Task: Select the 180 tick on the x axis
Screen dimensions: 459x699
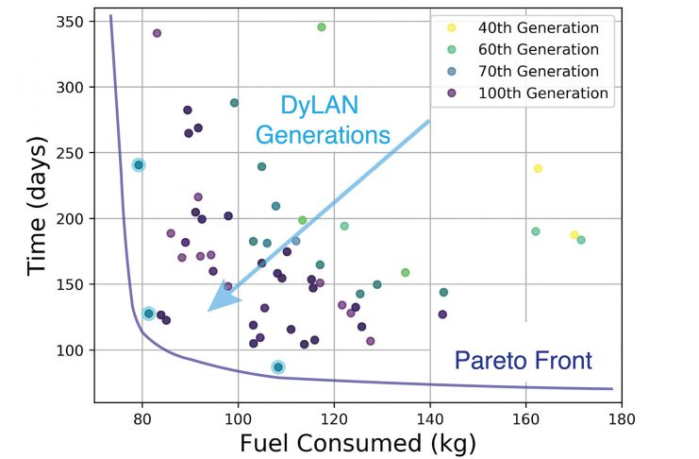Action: point(622,415)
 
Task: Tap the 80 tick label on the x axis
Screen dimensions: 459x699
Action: point(142,415)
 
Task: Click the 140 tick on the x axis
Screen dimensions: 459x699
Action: point(430,415)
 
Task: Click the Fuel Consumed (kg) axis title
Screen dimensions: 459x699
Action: point(358,441)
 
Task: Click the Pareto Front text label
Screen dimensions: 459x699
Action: point(523,359)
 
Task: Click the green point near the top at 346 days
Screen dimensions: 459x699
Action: point(322,27)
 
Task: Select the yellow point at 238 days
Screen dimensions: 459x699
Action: point(538,168)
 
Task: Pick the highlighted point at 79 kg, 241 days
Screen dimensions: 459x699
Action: point(139,165)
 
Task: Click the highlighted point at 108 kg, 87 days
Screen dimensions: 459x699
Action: point(278,366)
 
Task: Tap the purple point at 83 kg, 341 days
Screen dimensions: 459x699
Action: point(157,33)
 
